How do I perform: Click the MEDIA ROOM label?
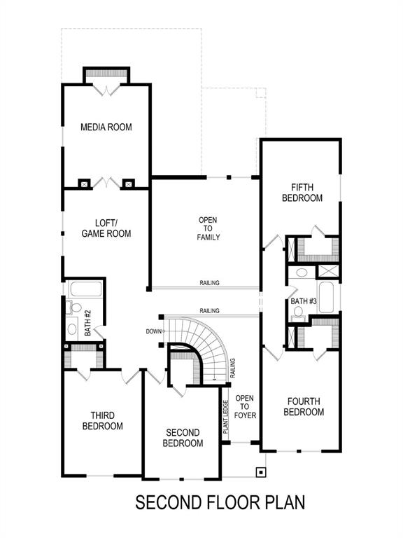coord(106,127)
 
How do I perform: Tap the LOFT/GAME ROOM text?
coord(106,228)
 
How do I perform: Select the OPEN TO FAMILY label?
coord(208,228)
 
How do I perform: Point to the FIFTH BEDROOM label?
coord(302,193)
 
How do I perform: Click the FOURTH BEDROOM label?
coord(304,406)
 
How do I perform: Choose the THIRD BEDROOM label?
coord(102,420)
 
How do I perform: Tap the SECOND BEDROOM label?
coord(183,438)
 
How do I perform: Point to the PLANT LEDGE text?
coord(226,418)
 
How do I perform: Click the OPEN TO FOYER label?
coord(244,407)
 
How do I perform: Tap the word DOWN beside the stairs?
coord(154,331)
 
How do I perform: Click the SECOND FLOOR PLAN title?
coord(220,502)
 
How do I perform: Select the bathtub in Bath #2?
coord(86,289)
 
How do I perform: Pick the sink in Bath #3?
coord(302,273)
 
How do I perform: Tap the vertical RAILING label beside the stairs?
coord(232,368)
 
